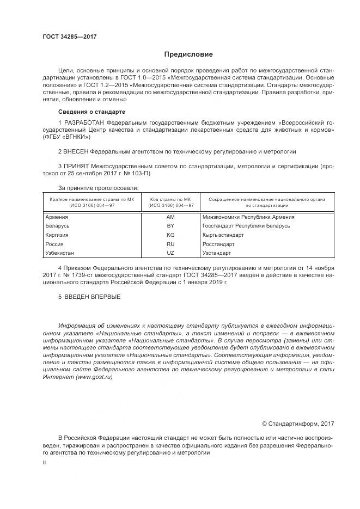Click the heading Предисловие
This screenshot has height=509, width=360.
189,54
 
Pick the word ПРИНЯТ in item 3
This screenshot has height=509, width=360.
76,165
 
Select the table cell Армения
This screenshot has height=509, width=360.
57,217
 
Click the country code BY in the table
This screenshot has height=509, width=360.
170,226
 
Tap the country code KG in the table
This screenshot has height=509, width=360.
170,235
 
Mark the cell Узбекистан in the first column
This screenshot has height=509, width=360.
61,253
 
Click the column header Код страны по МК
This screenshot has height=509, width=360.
170,200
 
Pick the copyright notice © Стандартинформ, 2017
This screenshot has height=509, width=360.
298,423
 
